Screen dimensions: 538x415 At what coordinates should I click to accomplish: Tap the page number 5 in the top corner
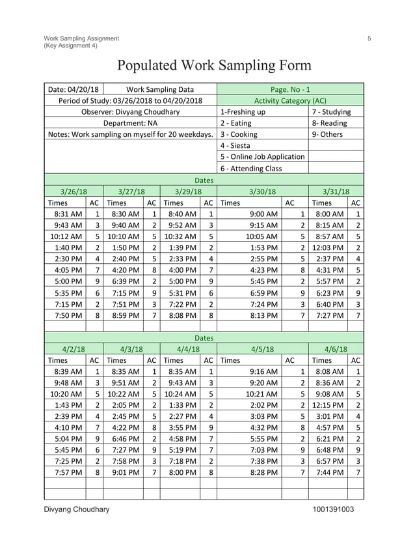coord(369,38)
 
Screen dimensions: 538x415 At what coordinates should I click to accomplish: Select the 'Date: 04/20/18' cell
coord(73,89)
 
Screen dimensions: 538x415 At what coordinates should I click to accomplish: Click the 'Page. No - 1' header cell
coord(289,89)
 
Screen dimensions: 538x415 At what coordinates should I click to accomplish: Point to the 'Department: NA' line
coord(130,123)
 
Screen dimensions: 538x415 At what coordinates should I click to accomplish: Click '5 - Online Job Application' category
coord(262,157)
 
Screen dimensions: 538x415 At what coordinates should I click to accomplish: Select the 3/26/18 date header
coord(73,191)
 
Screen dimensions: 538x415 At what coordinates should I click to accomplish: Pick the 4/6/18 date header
coord(336,348)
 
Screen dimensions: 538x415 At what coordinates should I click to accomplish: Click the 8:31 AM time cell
coord(68,214)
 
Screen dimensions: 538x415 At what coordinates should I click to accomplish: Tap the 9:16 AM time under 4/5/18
coord(265,371)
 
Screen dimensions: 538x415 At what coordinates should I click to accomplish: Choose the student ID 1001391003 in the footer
coord(333,509)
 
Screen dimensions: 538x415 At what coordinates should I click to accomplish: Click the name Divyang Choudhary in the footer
coord(77,509)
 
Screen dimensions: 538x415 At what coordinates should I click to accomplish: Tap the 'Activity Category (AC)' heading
coord(289,101)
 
